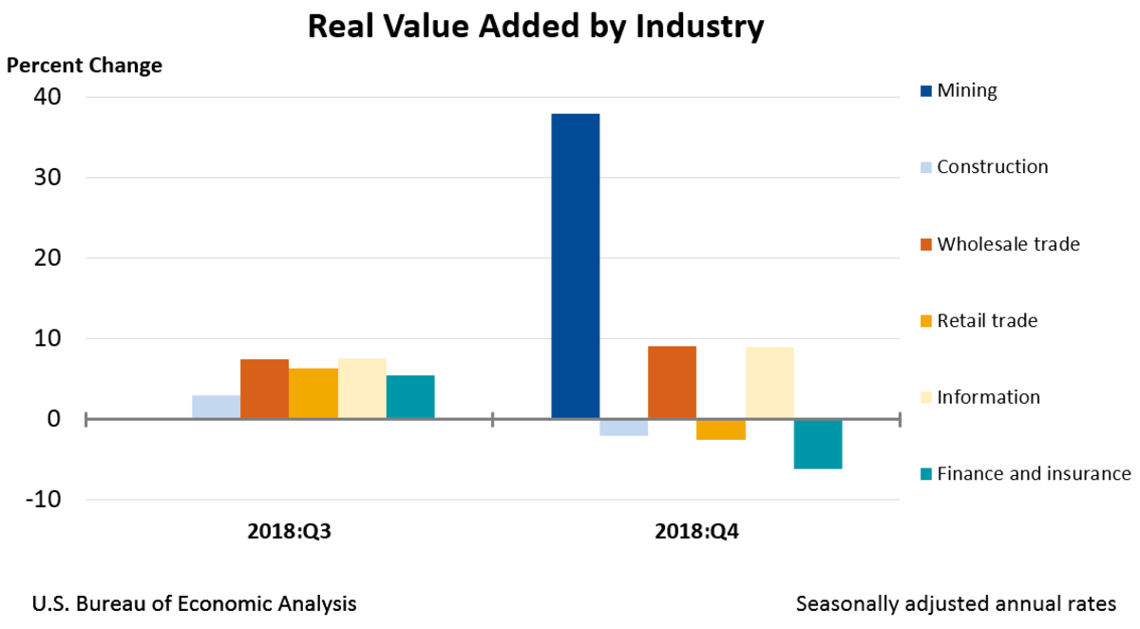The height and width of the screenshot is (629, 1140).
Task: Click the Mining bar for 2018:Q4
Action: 575,266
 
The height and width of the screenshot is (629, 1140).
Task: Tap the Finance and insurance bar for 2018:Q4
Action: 818,444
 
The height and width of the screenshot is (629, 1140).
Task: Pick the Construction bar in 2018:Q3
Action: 216,407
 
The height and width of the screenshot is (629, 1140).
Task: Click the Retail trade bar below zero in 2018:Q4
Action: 721,429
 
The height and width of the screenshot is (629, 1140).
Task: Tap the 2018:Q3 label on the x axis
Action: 289,532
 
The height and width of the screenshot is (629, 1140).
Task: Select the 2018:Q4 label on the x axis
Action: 696,532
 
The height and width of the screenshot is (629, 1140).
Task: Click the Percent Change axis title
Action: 85,66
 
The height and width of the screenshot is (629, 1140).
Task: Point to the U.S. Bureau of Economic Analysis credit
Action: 195,603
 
